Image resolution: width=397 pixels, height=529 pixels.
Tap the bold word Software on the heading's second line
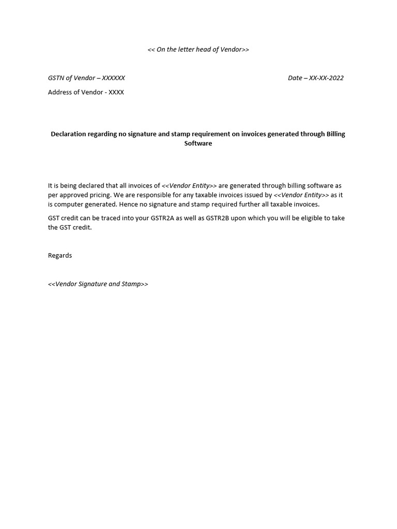click(x=198, y=144)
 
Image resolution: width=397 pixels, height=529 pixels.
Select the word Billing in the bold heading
click(x=336, y=134)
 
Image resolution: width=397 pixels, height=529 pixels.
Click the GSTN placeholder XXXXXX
click(x=113, y=78)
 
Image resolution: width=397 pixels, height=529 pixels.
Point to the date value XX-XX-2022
click(x=326, y=78)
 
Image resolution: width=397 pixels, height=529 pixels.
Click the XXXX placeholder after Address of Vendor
click(x=116, y=92)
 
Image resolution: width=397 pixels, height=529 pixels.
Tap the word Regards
click(x=60, y=256)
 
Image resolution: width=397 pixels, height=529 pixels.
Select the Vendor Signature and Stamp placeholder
click(x=98, y=284)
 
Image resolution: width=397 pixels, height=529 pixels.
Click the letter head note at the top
click(x=198, y=50)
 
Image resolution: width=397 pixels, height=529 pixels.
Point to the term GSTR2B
click(x=217, y=218)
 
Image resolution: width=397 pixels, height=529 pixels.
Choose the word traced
click(x=110, y=218)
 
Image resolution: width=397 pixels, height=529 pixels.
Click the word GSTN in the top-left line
click(x=56, y=78)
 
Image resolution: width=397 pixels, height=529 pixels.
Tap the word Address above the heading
click(x=60, y=92)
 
